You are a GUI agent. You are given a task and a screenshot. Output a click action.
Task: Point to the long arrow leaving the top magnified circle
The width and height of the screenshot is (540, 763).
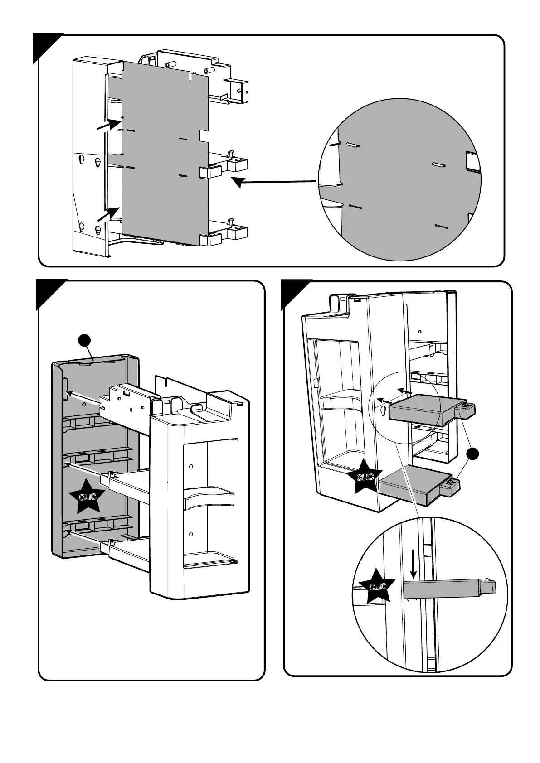[274, 182]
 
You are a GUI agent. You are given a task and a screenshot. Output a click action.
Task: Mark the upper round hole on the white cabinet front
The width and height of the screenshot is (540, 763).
[191, 467]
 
